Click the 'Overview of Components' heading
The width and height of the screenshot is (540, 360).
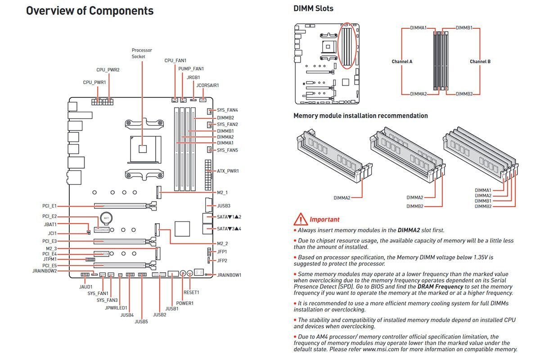point(90,11)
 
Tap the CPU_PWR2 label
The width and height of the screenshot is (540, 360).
point(108,70)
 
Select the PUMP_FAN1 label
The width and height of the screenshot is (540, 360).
point(191,69)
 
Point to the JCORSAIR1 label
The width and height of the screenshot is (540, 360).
point(207,85)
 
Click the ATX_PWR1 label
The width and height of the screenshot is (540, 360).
point(228,171)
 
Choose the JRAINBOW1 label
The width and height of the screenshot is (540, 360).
point(229,274)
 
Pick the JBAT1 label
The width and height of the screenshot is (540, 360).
point(50,224)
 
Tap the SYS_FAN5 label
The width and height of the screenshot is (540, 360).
point(227,150)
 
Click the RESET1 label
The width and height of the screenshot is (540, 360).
point(191,292)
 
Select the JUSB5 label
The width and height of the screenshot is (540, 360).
point(141,322)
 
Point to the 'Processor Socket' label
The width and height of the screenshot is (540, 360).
point(142,53)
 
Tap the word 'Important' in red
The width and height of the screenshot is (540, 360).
point(324,220)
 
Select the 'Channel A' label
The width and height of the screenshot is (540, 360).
point(402,62)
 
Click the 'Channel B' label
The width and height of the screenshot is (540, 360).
point(480,62)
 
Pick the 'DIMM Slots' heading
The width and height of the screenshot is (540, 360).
point(313,8)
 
